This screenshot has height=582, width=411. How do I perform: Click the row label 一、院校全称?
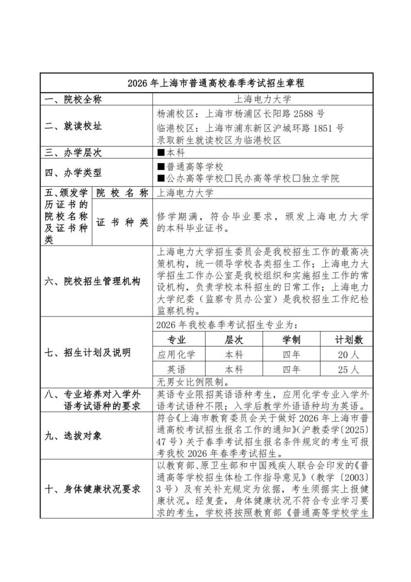(72, 100)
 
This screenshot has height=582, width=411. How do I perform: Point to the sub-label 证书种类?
(122, 222)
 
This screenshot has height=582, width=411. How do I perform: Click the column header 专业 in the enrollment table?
(178, 340)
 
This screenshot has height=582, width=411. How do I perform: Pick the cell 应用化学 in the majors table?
(178, 355)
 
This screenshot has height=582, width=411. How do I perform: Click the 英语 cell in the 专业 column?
(178, 370)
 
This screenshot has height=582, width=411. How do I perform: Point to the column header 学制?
(291, 340)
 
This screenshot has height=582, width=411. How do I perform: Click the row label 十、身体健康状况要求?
(93, 489)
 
